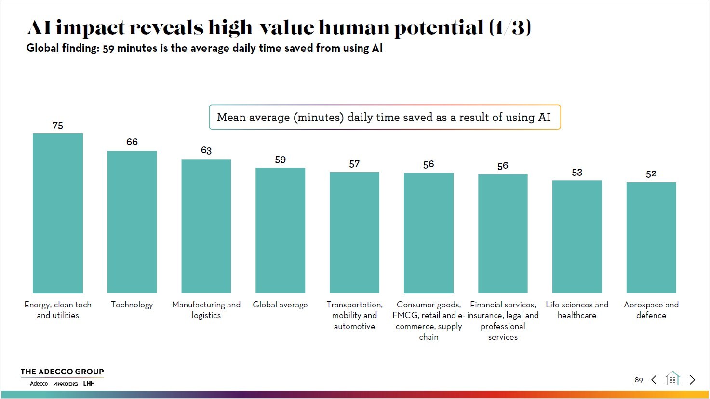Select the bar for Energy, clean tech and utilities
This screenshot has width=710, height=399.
(58, 213)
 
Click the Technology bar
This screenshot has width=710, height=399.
(132, 222)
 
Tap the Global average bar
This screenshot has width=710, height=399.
(280, 230)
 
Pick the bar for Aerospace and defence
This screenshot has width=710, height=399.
(651, 237)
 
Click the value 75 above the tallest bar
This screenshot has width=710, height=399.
(58, 126)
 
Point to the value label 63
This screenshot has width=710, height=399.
(206, 150)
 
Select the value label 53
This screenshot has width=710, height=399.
(577, 173)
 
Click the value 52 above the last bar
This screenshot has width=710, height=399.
(651, 174)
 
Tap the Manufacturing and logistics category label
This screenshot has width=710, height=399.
(206, 310)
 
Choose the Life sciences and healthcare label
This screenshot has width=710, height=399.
(577, 310)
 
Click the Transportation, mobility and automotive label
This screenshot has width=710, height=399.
(354, 315)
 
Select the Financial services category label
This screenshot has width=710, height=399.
(503, 320)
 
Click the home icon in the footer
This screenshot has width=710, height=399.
(672, 379)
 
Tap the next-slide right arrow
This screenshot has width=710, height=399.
(693, 380)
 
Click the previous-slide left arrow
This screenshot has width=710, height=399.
(654, 380)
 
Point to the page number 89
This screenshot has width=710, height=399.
(639, 380)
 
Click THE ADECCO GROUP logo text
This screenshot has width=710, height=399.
(62, 372)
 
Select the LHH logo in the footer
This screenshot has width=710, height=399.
(89, 384)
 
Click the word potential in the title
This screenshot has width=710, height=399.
(439, 27)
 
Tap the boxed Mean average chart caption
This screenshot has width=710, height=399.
(384, 117)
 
